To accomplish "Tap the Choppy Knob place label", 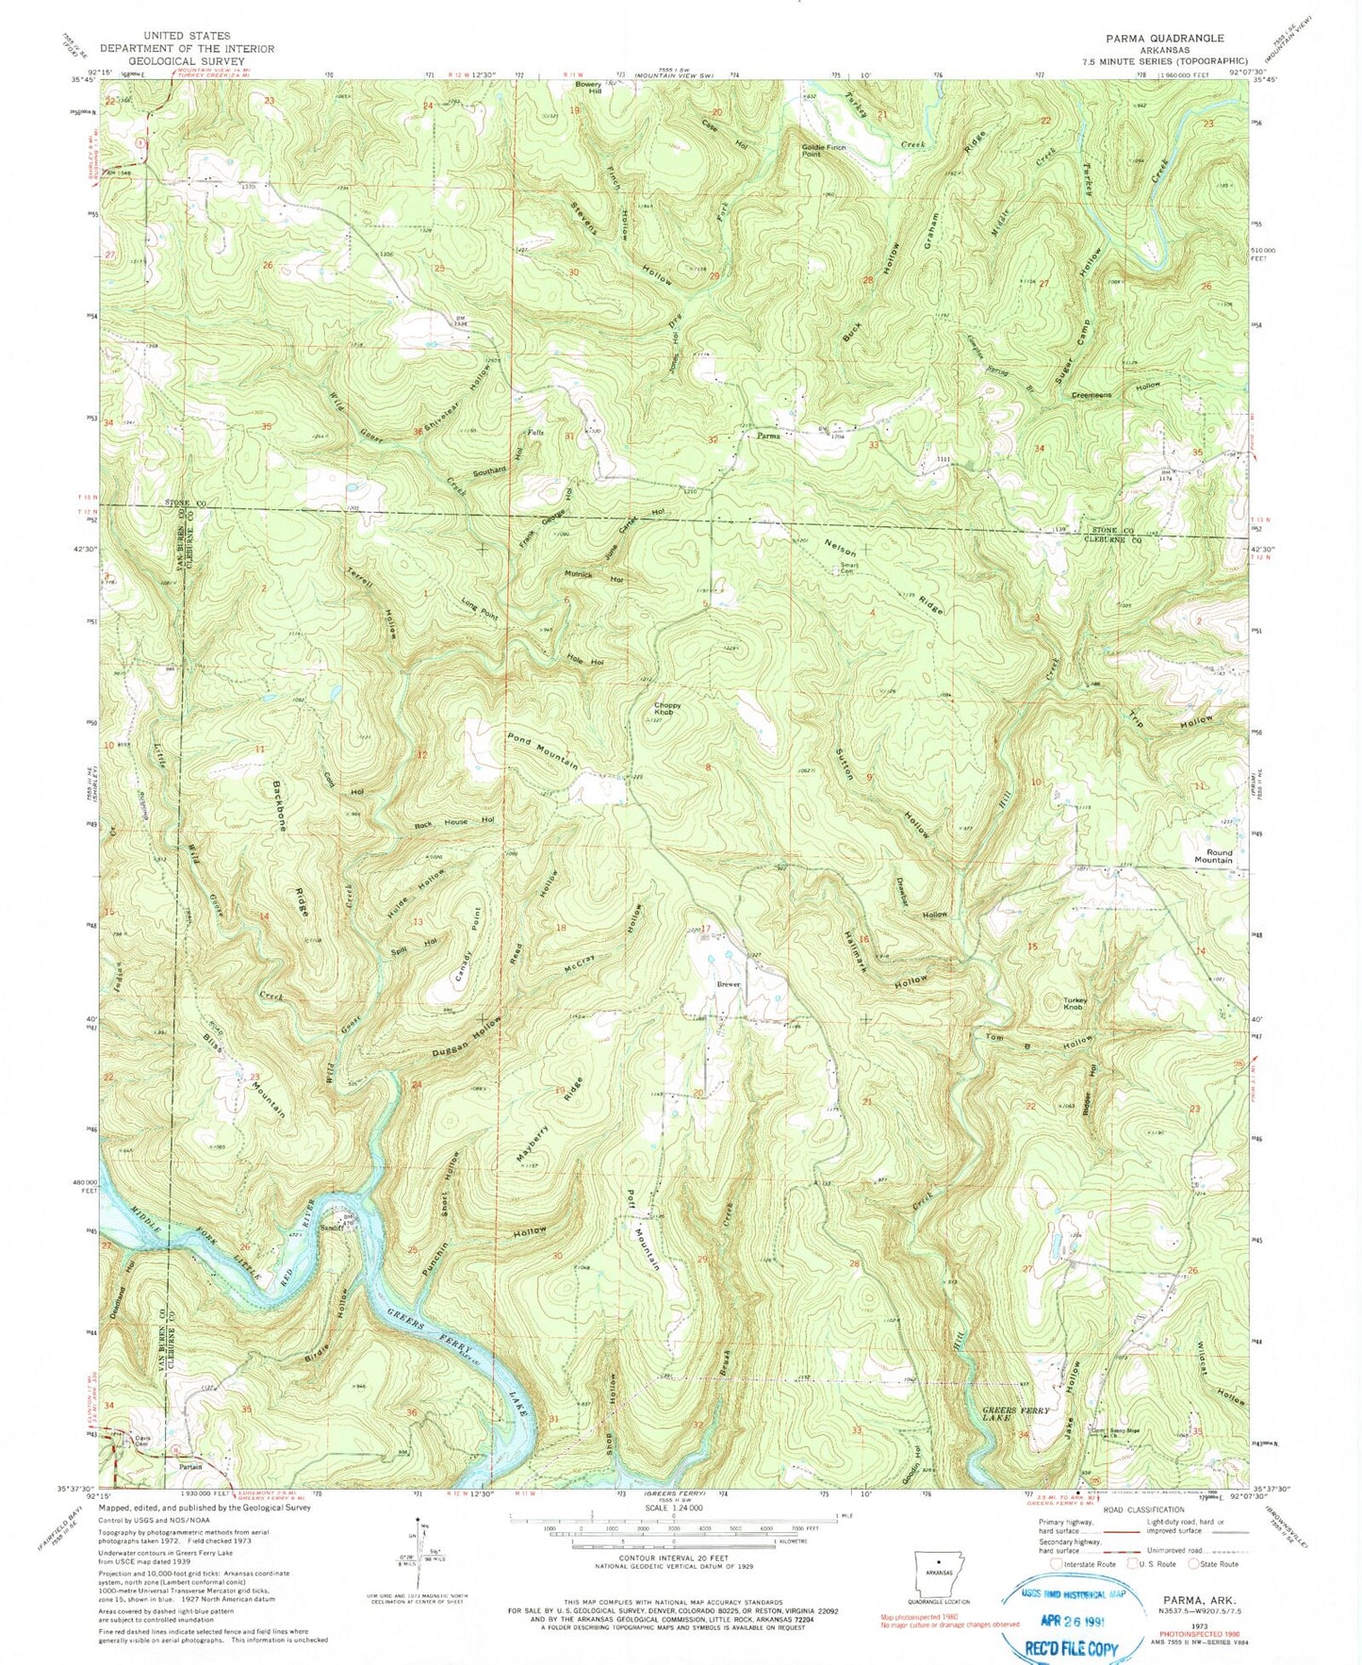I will tap(664, 709).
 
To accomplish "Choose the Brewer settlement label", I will tap(729, 984).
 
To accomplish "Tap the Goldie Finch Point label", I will tap(824, 151).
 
